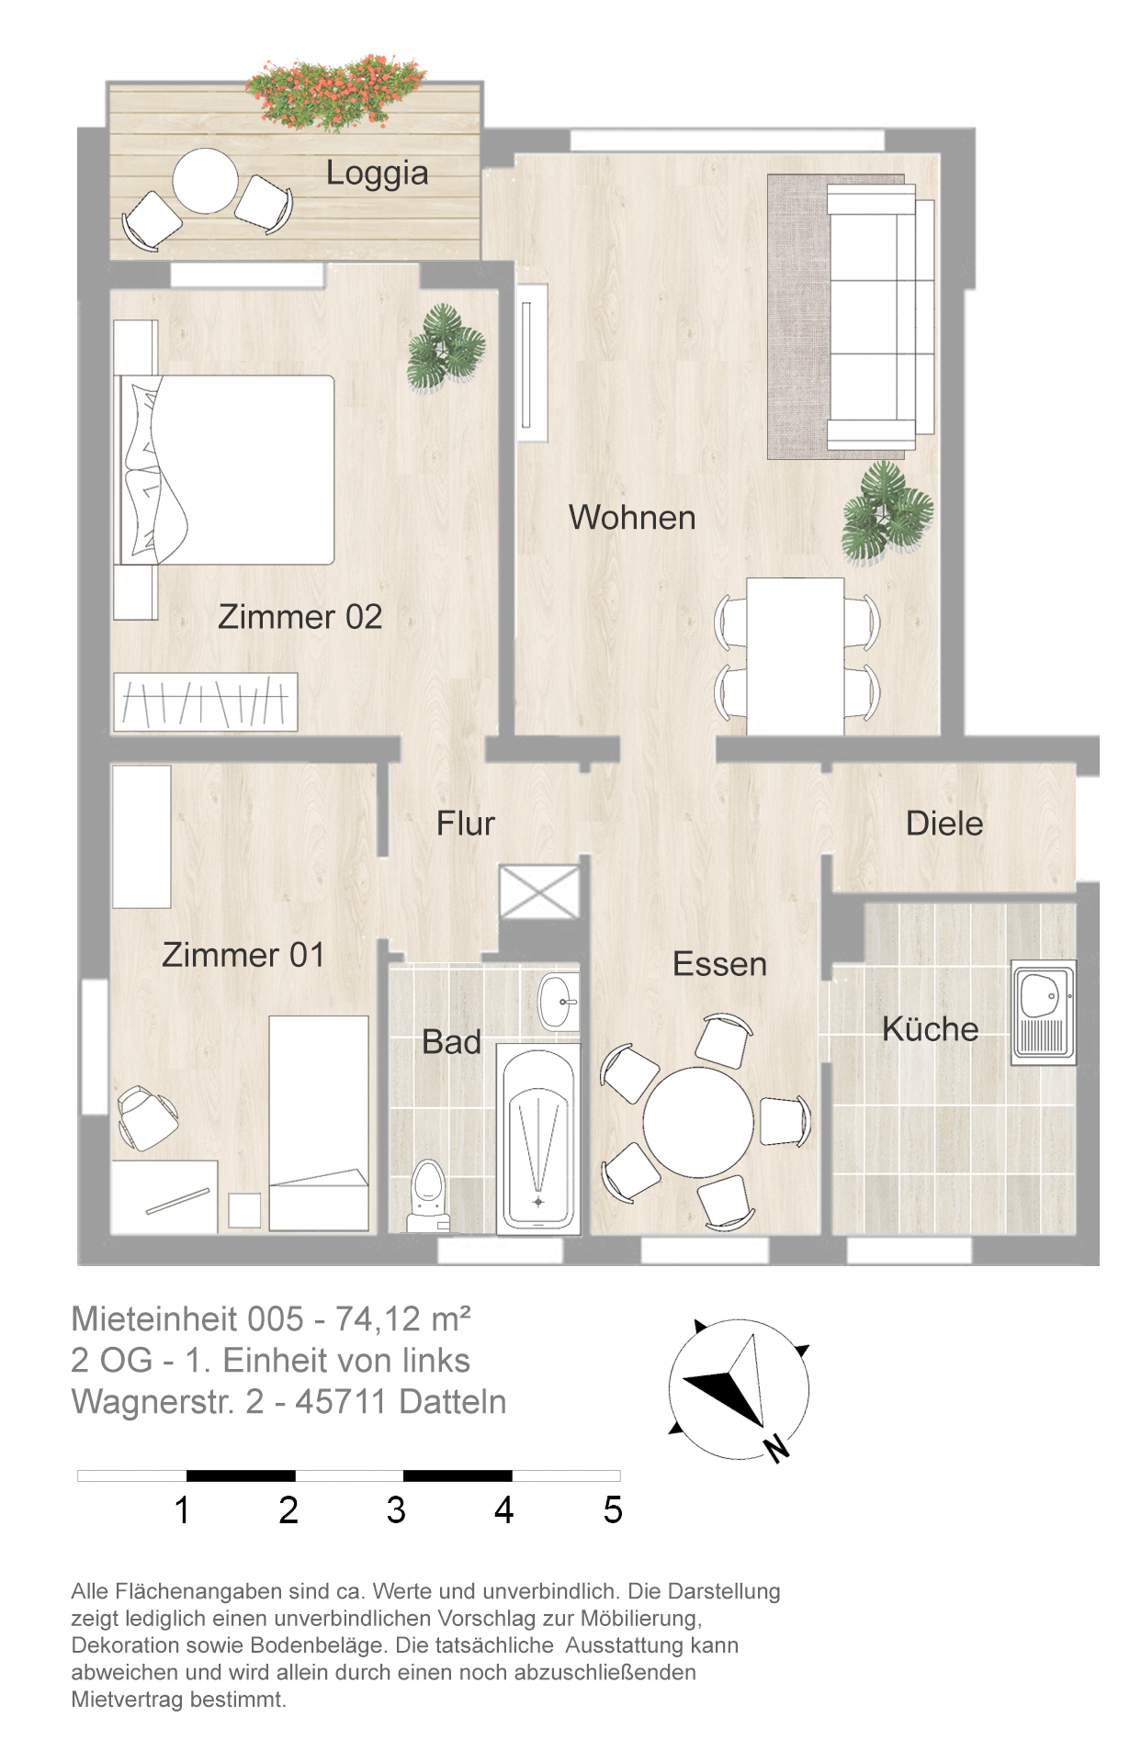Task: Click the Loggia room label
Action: coord(378,174)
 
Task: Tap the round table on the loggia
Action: coord(206,181)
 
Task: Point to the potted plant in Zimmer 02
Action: coord(446,349)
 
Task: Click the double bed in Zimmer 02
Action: coord(224,469)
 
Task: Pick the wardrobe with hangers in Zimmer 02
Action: coord(205,702)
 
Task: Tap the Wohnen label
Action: coord(632,518)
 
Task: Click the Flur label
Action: coord(466,824)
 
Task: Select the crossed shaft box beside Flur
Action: coord(540,891)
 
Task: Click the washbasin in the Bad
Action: coord(559,1002)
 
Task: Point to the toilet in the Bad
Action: coord(428,1195)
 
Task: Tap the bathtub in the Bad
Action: coord(538,1139)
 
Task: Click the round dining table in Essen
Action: coord(698,1122)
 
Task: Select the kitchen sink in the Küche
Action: coord(1043,1013)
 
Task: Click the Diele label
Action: coord(944,824)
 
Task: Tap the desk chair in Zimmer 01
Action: coord(146,1117)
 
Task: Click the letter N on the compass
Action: coord(776,1447)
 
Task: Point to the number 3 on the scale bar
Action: coord(396,1510)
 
